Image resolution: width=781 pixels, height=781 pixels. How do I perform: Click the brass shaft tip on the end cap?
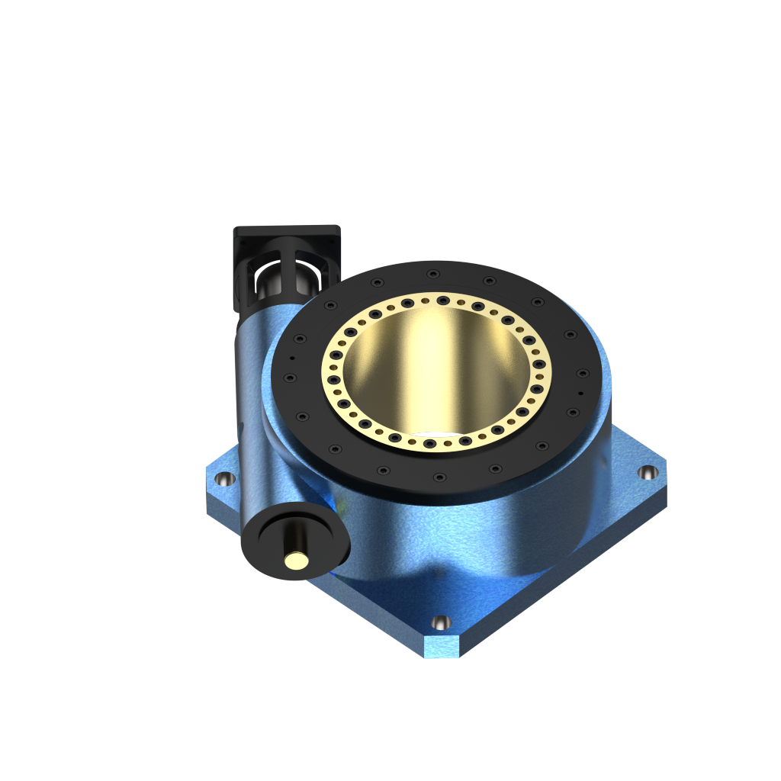[295, 561]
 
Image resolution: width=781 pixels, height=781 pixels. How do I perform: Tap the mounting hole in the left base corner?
[224, 479]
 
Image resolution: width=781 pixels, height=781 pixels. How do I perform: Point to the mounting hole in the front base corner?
[441, 622]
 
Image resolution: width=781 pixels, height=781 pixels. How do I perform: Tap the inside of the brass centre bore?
[435, 374]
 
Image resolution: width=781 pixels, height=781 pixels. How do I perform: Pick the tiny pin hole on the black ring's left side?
[292, 357]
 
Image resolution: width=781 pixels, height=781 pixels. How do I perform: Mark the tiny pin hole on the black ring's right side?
[580, 394]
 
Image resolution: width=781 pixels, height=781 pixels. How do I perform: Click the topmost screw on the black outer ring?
[433, 274]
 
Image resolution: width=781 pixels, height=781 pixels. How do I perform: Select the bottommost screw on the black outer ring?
[439, 477]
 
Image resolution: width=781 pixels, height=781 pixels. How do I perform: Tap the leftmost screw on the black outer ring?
[289, 377]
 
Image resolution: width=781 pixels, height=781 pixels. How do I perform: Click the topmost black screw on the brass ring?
[443, 299]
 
